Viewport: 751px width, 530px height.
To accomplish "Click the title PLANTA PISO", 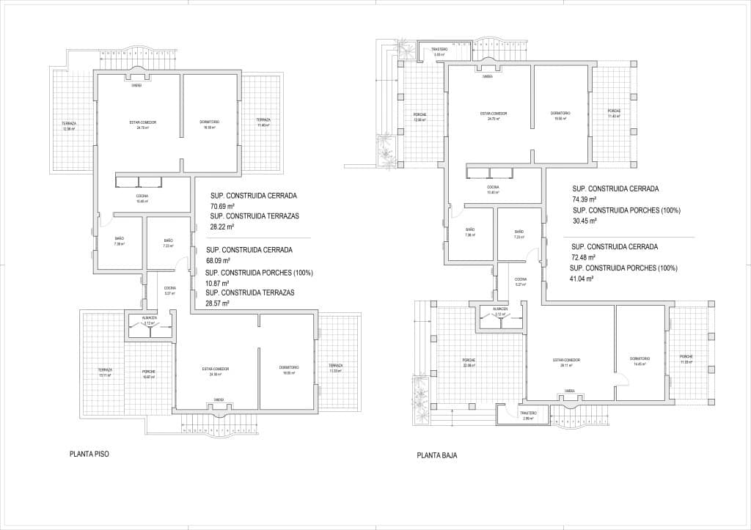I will pos(89,454).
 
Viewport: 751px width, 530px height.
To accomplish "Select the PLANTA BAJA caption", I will pos(437,455).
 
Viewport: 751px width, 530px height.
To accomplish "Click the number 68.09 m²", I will pos(219,260).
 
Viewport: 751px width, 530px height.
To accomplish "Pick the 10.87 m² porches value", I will pos(218,283).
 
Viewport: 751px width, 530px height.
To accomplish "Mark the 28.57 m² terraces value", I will pos(218,303).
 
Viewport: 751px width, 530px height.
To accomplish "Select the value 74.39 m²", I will pos(584,199).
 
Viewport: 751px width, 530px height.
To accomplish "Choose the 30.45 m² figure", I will pos(584,220).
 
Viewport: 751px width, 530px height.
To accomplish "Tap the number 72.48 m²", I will pos(584,257).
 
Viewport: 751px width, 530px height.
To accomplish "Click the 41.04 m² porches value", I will pos(584,279).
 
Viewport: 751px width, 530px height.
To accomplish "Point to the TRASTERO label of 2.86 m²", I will pos(528,413).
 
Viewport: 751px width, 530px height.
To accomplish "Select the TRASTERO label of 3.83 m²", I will pos(439,50).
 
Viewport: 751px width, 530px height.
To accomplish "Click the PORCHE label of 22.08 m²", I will pos(469,360).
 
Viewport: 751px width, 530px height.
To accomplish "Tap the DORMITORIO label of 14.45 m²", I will pos(640,358).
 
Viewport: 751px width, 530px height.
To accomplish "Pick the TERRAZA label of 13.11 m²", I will pos(105,369).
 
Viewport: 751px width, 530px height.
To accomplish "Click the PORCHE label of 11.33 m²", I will pos(686,357).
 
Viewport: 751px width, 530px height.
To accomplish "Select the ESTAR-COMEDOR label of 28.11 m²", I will pos(566,360).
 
